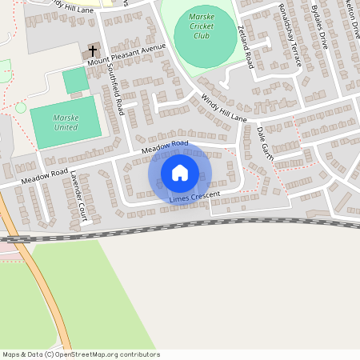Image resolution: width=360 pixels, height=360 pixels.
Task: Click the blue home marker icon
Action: tap(180, 173)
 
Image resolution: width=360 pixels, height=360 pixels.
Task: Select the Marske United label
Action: tap(66, 122)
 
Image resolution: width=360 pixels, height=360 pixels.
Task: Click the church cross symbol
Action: tap(93, 51)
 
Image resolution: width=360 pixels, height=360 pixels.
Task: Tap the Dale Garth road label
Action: tap(266, 144)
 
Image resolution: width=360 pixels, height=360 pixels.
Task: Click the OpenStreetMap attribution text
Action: tap(81, 354)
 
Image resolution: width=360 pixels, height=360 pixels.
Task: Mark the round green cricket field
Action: tap(205, 30)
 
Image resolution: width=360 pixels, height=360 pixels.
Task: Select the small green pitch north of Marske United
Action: tap(76, 80)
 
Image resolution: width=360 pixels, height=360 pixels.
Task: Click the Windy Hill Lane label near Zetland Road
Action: tap(224, 109)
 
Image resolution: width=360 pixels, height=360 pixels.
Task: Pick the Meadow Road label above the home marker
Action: tap(164, 146)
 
